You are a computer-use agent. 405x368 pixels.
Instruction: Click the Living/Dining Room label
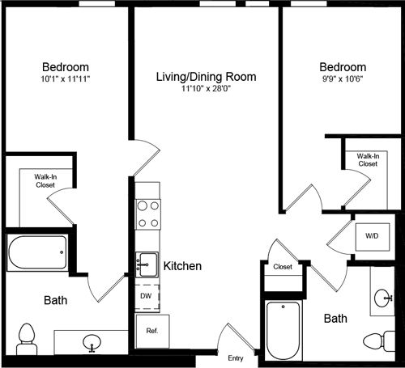(207, 77)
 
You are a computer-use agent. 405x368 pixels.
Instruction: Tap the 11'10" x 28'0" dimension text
(207, 90)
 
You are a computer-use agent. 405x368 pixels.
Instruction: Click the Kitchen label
(182, 265)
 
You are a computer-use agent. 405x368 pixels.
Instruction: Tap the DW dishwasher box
(147, 296)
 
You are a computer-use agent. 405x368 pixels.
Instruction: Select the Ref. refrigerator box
(151, 330)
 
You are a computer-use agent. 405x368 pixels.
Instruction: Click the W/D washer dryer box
(372, 236)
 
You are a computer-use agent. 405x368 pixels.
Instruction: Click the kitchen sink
(147, 263)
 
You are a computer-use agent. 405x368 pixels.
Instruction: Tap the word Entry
(236, 358)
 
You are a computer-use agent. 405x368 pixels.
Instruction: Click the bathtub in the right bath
(283, 329)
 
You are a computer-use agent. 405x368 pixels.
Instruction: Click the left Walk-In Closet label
(45, 180)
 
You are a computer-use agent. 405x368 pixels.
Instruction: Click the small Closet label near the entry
(283, 266)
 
